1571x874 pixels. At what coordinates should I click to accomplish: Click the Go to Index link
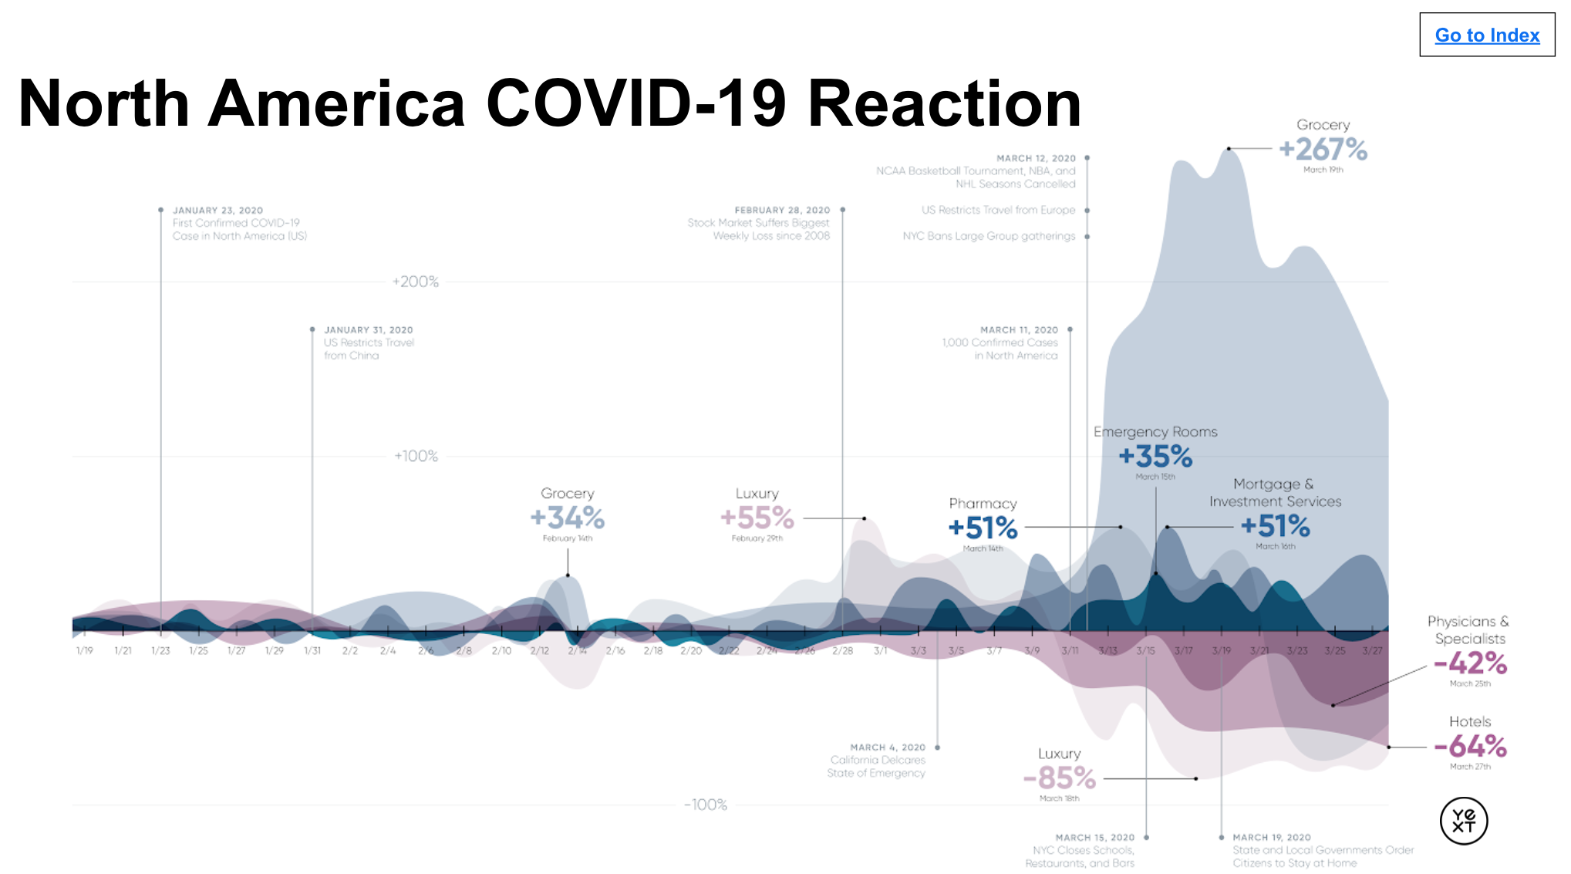(1486, 35)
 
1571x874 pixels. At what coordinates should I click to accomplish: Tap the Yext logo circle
(1463, 821)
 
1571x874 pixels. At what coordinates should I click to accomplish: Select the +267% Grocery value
(1323, 149)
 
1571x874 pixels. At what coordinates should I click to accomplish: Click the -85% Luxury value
(1059, 778)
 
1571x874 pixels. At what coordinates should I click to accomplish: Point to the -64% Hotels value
(1469, 746)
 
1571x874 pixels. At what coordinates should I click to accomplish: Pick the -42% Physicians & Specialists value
(1469, 663)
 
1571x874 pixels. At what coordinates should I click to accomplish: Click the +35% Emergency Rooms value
(1155, 457)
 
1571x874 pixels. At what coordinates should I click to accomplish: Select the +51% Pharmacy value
(983, 528)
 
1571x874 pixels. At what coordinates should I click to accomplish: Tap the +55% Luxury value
(757, 518)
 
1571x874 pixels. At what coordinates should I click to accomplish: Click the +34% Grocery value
(567, 518)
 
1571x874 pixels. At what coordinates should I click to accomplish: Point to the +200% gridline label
(415, 282)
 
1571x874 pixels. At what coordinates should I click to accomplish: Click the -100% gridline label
(706, 805)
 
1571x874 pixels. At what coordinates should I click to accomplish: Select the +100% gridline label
(416, 456)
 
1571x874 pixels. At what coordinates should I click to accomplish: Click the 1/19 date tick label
(84, 651)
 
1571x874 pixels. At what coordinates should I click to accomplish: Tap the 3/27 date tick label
(1372, 651)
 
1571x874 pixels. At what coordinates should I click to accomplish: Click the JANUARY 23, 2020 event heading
(217, 210)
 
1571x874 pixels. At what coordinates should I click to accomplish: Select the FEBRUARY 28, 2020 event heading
(782, 210)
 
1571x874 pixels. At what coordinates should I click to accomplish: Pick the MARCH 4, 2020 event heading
(887, 747)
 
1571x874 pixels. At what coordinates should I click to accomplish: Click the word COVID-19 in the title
(635, 103)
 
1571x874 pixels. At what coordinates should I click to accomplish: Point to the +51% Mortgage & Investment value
(1275, 526)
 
